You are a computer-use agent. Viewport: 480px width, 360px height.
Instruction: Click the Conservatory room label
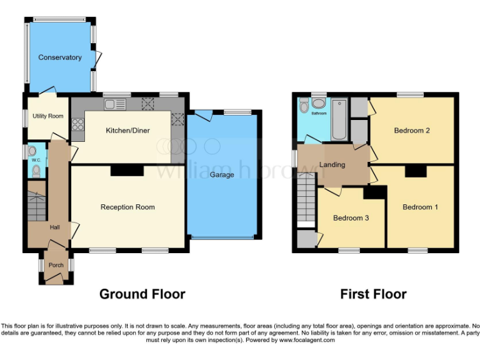[60, 57]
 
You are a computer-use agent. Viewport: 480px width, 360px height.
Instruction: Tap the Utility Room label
[47, 116]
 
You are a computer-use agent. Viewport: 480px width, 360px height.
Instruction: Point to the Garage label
[222, 175]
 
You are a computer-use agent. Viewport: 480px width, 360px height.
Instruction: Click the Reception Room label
[127, 207]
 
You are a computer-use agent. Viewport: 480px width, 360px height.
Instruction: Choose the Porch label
[56, 265]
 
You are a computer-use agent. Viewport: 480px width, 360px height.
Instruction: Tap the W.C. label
[36, 161]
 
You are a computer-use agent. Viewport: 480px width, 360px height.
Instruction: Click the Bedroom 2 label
[411, 131]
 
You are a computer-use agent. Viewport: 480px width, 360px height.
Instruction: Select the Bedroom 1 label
[420, 207]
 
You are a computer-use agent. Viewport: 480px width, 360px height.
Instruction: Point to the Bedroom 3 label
[351, 218]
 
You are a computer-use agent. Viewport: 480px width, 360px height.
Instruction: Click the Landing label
[332, 165]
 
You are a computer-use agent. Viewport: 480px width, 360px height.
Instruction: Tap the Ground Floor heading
[142, 294]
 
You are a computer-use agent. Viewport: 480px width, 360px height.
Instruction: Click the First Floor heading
[373, 294]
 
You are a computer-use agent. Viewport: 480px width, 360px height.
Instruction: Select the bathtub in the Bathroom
[339, 119]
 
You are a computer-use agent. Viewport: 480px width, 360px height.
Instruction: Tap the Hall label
[55, 227]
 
